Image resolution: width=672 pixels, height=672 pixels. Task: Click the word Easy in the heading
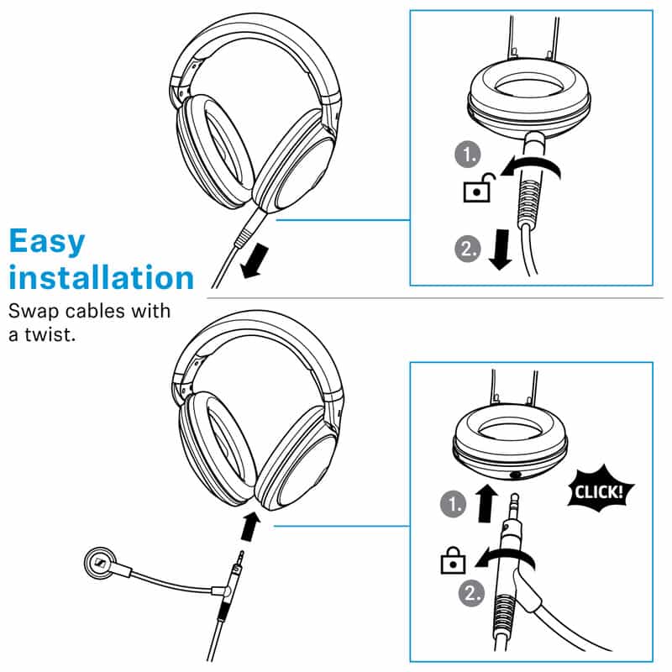(47, 242)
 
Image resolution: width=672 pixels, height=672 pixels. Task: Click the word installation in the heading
(101, 277)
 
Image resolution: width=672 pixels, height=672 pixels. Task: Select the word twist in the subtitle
(50, 334)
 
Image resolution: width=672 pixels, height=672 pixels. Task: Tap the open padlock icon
(479, 187)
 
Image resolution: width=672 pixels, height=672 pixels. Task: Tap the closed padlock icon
(453, 559)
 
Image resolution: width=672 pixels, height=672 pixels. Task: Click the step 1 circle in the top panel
(468, 155)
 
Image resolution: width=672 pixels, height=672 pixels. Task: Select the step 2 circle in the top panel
(468, 249)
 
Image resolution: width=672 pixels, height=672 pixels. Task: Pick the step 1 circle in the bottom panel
(454, 504)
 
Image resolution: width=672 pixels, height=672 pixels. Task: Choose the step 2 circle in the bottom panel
(472, 594)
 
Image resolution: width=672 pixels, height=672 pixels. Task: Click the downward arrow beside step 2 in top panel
(500, 249)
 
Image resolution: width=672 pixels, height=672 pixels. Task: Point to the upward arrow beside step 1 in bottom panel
(486, 503)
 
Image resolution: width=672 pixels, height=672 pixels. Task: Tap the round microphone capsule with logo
(101, 563)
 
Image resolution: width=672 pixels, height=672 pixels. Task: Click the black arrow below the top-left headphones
(255, 261)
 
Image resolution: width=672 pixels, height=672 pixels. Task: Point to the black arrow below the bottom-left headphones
(250, 527)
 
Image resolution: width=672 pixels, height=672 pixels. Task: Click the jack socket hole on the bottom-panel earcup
(515, 475)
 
